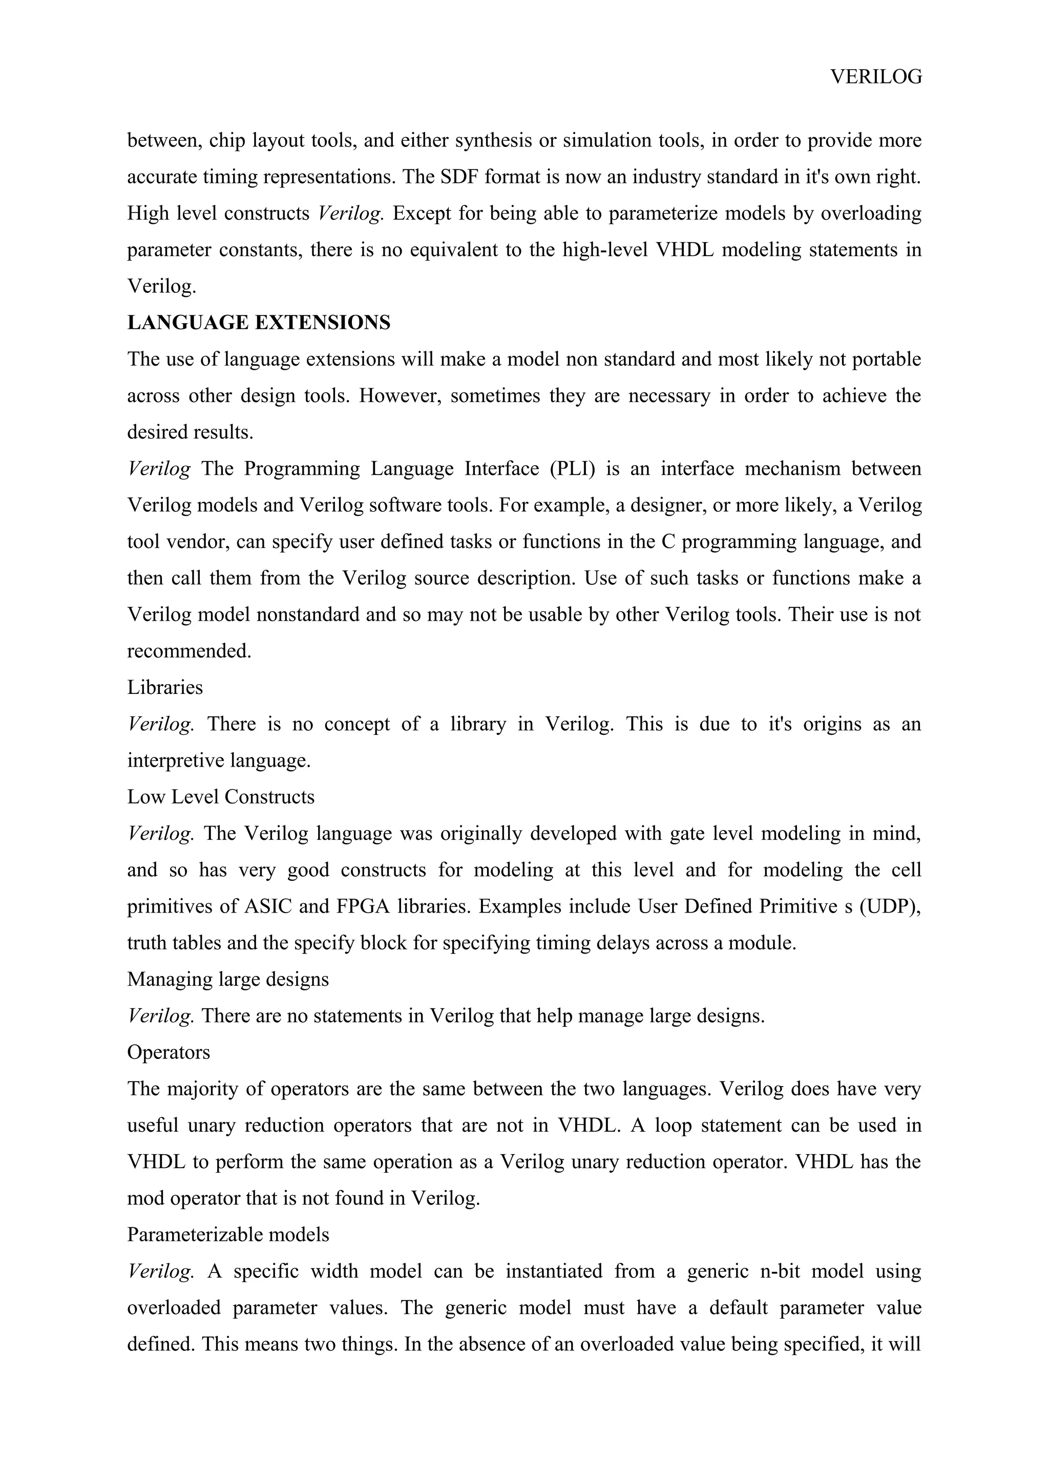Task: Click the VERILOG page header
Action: coord(876,77)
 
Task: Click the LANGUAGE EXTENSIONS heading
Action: coord(259,323)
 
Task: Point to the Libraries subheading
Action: coord(165,687)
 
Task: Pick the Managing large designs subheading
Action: coord(227,979)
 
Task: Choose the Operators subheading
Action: coord(169,1052)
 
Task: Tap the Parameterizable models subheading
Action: coord(227,1235)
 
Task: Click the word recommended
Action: coord(188,651)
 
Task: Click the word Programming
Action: coord(302,469)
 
